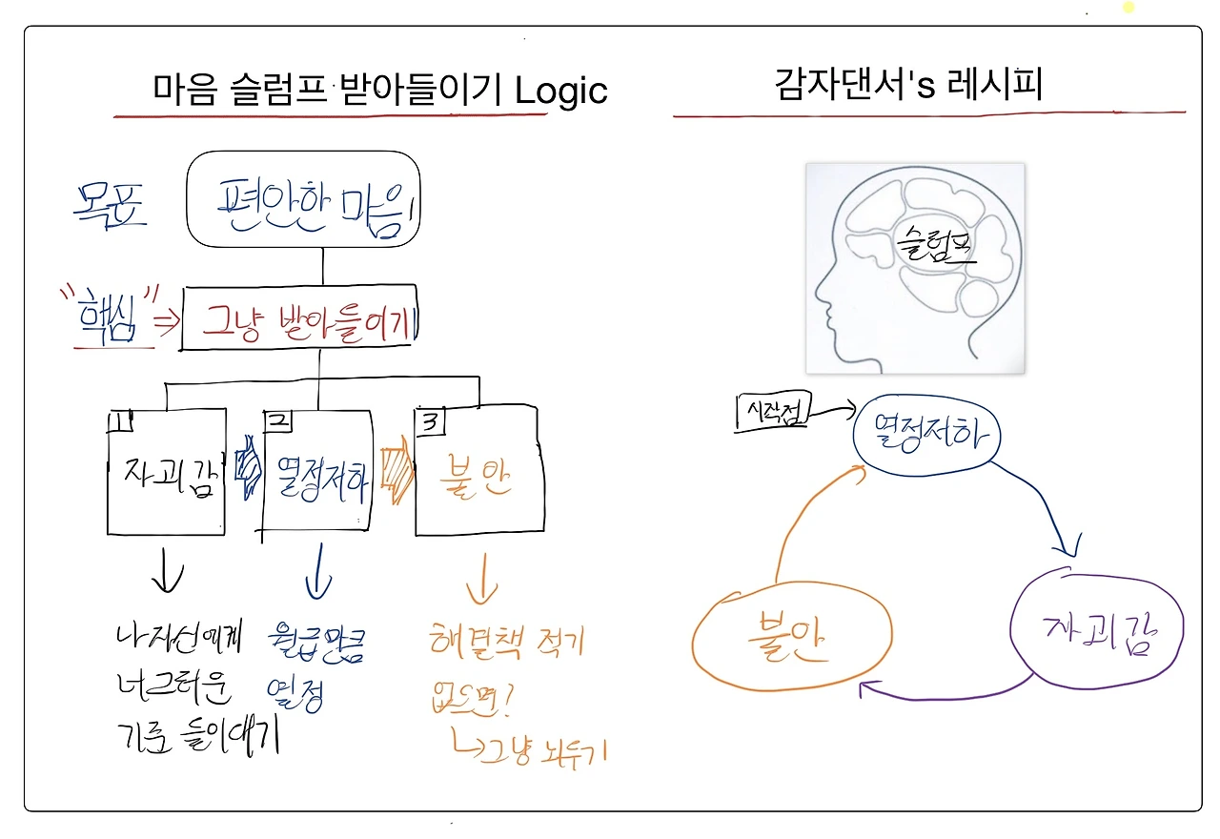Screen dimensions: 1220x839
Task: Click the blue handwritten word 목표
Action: [111, 203]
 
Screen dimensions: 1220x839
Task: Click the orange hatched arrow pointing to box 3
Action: [395, 471]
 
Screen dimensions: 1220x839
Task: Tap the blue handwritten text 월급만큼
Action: [318, 645]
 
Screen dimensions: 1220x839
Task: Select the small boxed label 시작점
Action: [770, 411]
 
